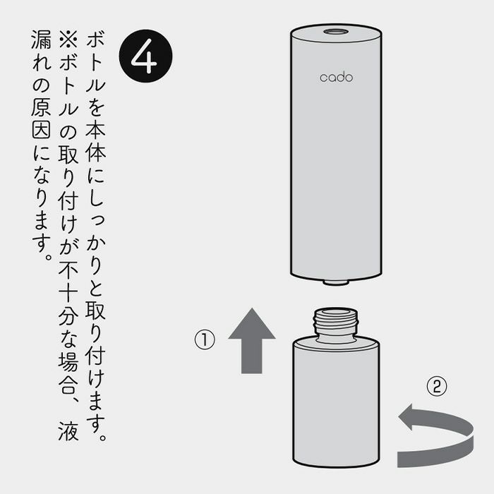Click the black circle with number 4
(x=145, y=56)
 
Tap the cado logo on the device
(x=336, y=78)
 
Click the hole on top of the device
(x=336, y=32)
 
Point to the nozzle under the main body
(x=336, y=282)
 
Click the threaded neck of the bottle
(x=336, y=325)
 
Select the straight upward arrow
(x=252, y=341)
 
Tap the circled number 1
(x=205, y=339)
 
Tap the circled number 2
(x=437, y=386)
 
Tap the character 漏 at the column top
(x=41, y=40)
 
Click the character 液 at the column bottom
(x=68, y=430)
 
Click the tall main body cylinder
(x=336, y=151)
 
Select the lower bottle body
(x=336, y=402)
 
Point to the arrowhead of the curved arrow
(x=409, y=417)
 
